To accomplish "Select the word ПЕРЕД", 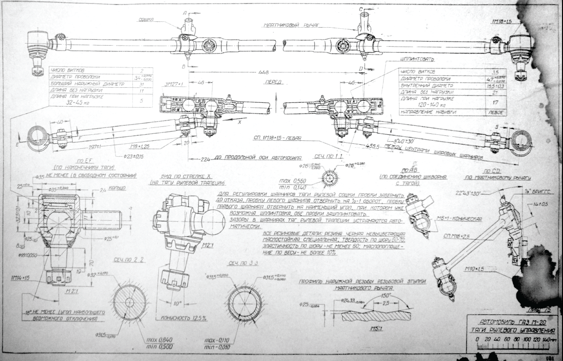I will click(273, 81).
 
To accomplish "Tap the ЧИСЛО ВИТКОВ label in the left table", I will click(66, 71).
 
